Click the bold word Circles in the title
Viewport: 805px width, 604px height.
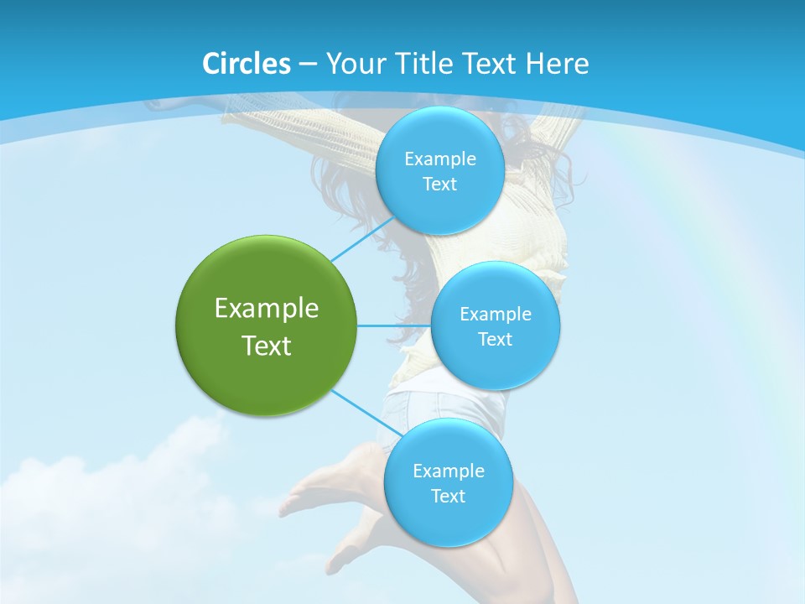pos(246,64)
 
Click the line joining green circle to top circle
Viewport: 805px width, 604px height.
pos(363,240)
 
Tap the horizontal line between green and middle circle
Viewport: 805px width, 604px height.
pos(393,325)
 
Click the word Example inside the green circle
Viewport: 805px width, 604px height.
pos(267,308)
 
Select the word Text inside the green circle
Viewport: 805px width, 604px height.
pos(267,346)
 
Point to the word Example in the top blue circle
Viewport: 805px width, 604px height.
pos(439,159)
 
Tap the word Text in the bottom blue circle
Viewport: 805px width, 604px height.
pos(448,496)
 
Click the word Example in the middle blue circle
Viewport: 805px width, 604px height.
pos(495,314)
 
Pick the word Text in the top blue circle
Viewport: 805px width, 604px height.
pos(439,184)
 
